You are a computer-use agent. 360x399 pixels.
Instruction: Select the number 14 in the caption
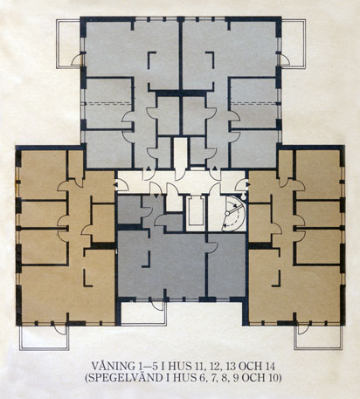(269, 366)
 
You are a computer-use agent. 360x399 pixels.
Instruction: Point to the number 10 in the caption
(273, 378)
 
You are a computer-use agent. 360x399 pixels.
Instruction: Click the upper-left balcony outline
(58, 44)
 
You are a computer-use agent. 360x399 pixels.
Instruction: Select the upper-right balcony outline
(305, 44)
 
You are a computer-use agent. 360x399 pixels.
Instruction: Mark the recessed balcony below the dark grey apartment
(143, 324)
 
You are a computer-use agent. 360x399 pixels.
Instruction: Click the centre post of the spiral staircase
(227, 213)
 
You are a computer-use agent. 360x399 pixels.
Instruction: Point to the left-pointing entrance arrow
(116, 184)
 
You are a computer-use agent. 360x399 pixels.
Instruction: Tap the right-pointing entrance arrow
(248, 184)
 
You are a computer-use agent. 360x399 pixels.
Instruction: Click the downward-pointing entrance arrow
(156, 196)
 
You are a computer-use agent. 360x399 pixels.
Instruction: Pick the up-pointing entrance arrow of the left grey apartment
(149, 169)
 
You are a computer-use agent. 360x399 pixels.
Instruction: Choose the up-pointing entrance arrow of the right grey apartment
(215, 169)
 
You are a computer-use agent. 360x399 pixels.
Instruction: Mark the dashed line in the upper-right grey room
(253, 102)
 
